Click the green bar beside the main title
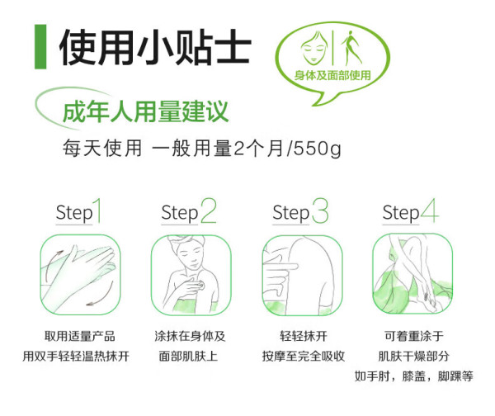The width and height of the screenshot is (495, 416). [x=40, y=47]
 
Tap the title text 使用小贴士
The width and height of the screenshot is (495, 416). [x=155, y=47]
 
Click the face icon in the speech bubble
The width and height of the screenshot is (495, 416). [x=313, y=47]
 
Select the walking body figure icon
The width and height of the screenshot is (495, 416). [x=351, y=47]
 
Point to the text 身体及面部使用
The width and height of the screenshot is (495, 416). [x=332, y=75]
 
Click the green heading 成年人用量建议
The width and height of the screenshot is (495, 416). [x=145, y=111]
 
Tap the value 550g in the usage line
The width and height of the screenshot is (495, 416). [x=318, y=149]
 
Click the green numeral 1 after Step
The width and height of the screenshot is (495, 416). [x=97, y=210]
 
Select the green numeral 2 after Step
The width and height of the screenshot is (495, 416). [x=209, y=210]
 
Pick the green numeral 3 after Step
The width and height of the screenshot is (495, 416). [x=320, y=210]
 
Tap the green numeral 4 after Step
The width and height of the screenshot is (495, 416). [x=429, y=210]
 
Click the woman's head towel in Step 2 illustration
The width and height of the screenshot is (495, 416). [x=187, y=242]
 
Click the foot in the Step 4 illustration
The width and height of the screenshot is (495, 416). [x=429, y=301]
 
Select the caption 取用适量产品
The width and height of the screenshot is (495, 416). [x=79, y=336]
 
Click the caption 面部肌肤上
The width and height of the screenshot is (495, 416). [x=188, y=356]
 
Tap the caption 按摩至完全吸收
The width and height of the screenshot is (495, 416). [x=304, y=356]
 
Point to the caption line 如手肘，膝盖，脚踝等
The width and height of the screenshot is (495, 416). [x=413, y=376]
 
